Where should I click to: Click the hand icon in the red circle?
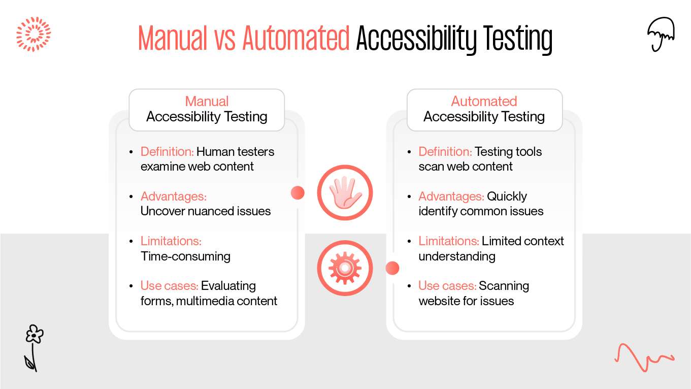(345, 193)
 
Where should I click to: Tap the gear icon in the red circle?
(345, 268)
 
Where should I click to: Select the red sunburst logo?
(34, 34)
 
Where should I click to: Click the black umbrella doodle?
(661, 34)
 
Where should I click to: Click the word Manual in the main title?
(173, 38)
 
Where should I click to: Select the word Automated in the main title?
(296, 38)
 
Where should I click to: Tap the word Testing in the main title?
(518, 40)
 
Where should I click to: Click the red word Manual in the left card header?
(207, 101)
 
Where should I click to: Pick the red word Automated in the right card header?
(484, 101)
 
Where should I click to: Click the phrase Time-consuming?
(185, 256)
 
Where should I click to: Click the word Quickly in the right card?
(507, 197)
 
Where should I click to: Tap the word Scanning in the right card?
(504, 286)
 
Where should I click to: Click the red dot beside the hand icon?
(298, 193)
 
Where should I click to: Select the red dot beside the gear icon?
(392, 268)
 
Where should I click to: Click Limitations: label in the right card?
(449, 241)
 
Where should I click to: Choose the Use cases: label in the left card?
(170, 286)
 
